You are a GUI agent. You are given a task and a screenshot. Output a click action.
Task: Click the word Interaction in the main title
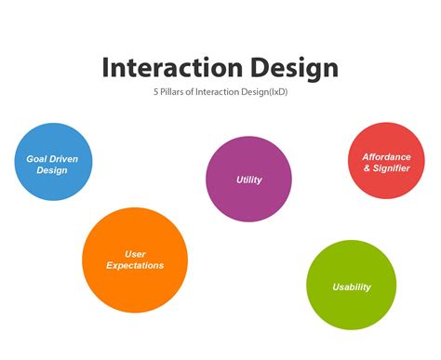click(164, 68)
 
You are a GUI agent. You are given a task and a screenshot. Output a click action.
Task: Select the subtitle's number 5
click(156, 93)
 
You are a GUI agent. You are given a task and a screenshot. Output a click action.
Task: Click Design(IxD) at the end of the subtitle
click(262, 93)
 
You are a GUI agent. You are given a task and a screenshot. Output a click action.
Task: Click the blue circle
click(53, 162)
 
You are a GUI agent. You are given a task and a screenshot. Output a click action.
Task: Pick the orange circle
click(135, 260)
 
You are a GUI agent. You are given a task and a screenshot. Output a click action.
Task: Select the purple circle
click(248, 179)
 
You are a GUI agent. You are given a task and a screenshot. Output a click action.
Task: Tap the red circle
click(386, 161)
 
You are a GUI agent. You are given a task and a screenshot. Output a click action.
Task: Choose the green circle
click(352, 286)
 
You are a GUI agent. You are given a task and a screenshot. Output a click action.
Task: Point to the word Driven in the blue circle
click(61, 159)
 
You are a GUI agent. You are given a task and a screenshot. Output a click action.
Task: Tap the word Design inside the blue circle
click(52, 171)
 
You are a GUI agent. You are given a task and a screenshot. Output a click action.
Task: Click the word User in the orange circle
click(135, 253)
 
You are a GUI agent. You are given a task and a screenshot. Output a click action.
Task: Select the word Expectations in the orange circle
click(135, 266)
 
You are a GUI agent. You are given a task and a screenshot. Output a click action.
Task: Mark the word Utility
click(249, 179)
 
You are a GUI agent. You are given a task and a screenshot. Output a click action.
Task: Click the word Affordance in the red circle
click(386, 156)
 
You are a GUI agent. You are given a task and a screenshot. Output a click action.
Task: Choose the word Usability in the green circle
click(352, 287)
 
